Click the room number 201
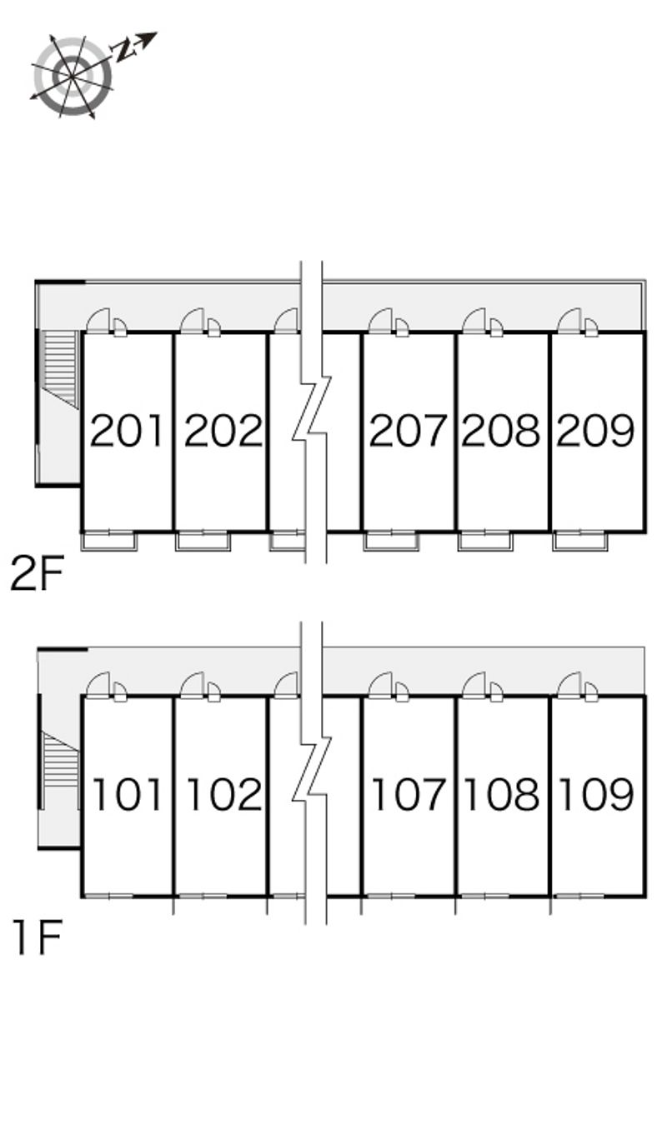coord(127,431)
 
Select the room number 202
coord(223,431)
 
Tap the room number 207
coord(408,431)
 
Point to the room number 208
coord(501,431)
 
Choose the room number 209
coord(595,431)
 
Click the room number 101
coord(128,794)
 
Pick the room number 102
coord(224,794)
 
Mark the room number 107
coord(409,794)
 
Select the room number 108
coord(502,794)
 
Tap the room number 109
coord(596,794)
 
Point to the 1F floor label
coord(38,937)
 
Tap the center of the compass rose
coord(72,76)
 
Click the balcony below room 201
coord(109,542)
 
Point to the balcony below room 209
coord(580,542)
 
